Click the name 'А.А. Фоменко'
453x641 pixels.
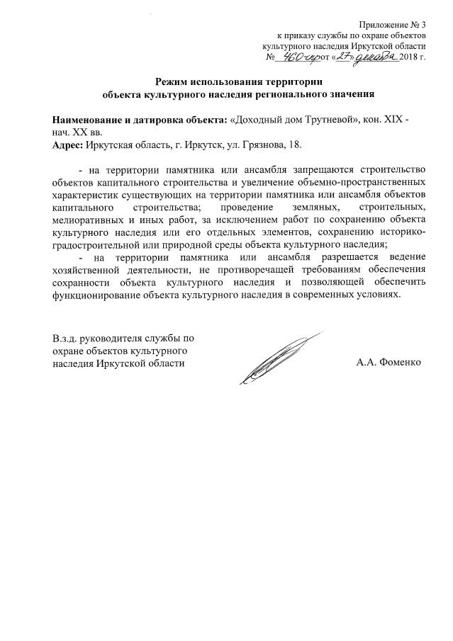[389, 362]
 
